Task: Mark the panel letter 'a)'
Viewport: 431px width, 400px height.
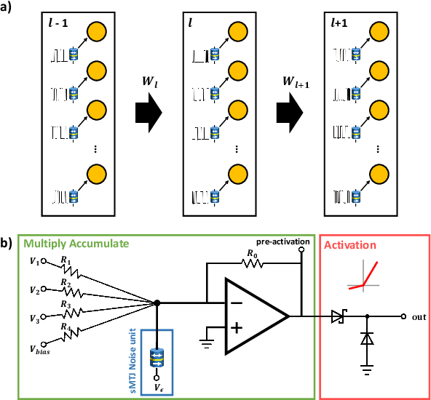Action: coord(7,9)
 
